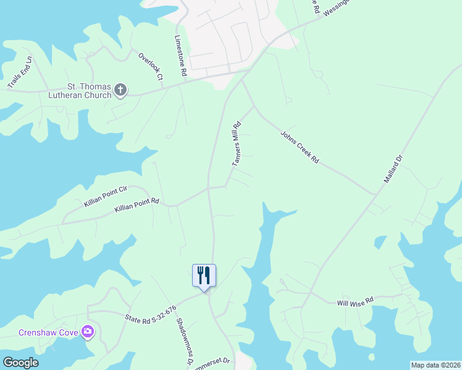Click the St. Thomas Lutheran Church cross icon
click(x=120, y=91)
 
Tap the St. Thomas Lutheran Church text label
click(x=88, y=91)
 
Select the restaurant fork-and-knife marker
click(x=204, y=275)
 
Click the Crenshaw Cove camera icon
click(x=88, y=332)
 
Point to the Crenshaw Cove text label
click(x=48, y=333)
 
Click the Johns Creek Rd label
click(x=300, y=147)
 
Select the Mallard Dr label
click(x=393, y=170)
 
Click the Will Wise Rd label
click(x=355, y=301)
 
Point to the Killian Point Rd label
click(x=137, y=206)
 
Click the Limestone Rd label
click(x=180, y=55)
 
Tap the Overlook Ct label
click(x=150, y=67)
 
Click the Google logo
click(x=20, y=363)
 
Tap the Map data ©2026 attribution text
click(x=435, y=365)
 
